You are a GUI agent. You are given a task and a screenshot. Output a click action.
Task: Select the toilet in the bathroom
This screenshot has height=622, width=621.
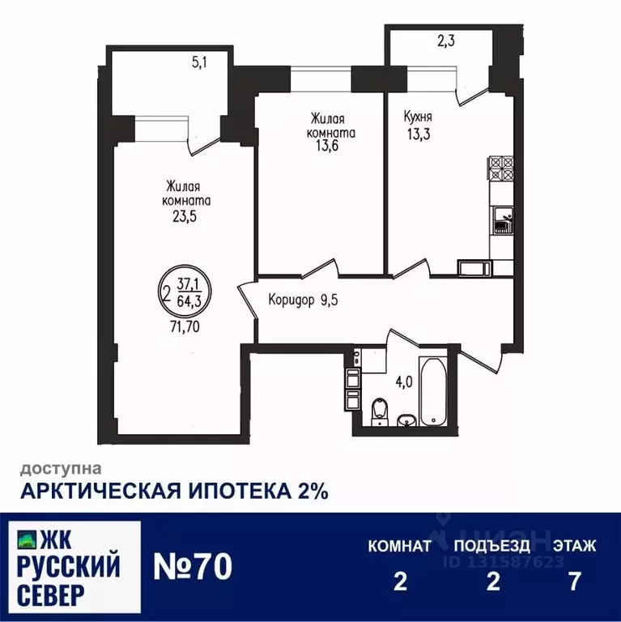tap(379, 411)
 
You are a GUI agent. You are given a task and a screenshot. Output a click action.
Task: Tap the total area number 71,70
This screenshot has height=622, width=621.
tap(185, 330)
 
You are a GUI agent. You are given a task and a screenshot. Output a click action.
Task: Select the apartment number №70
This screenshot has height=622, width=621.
tap(193, 564)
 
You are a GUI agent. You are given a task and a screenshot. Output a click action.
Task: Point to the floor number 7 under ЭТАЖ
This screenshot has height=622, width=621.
tap(575, 583)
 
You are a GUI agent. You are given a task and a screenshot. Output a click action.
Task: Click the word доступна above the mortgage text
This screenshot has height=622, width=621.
tap(61, 467)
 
